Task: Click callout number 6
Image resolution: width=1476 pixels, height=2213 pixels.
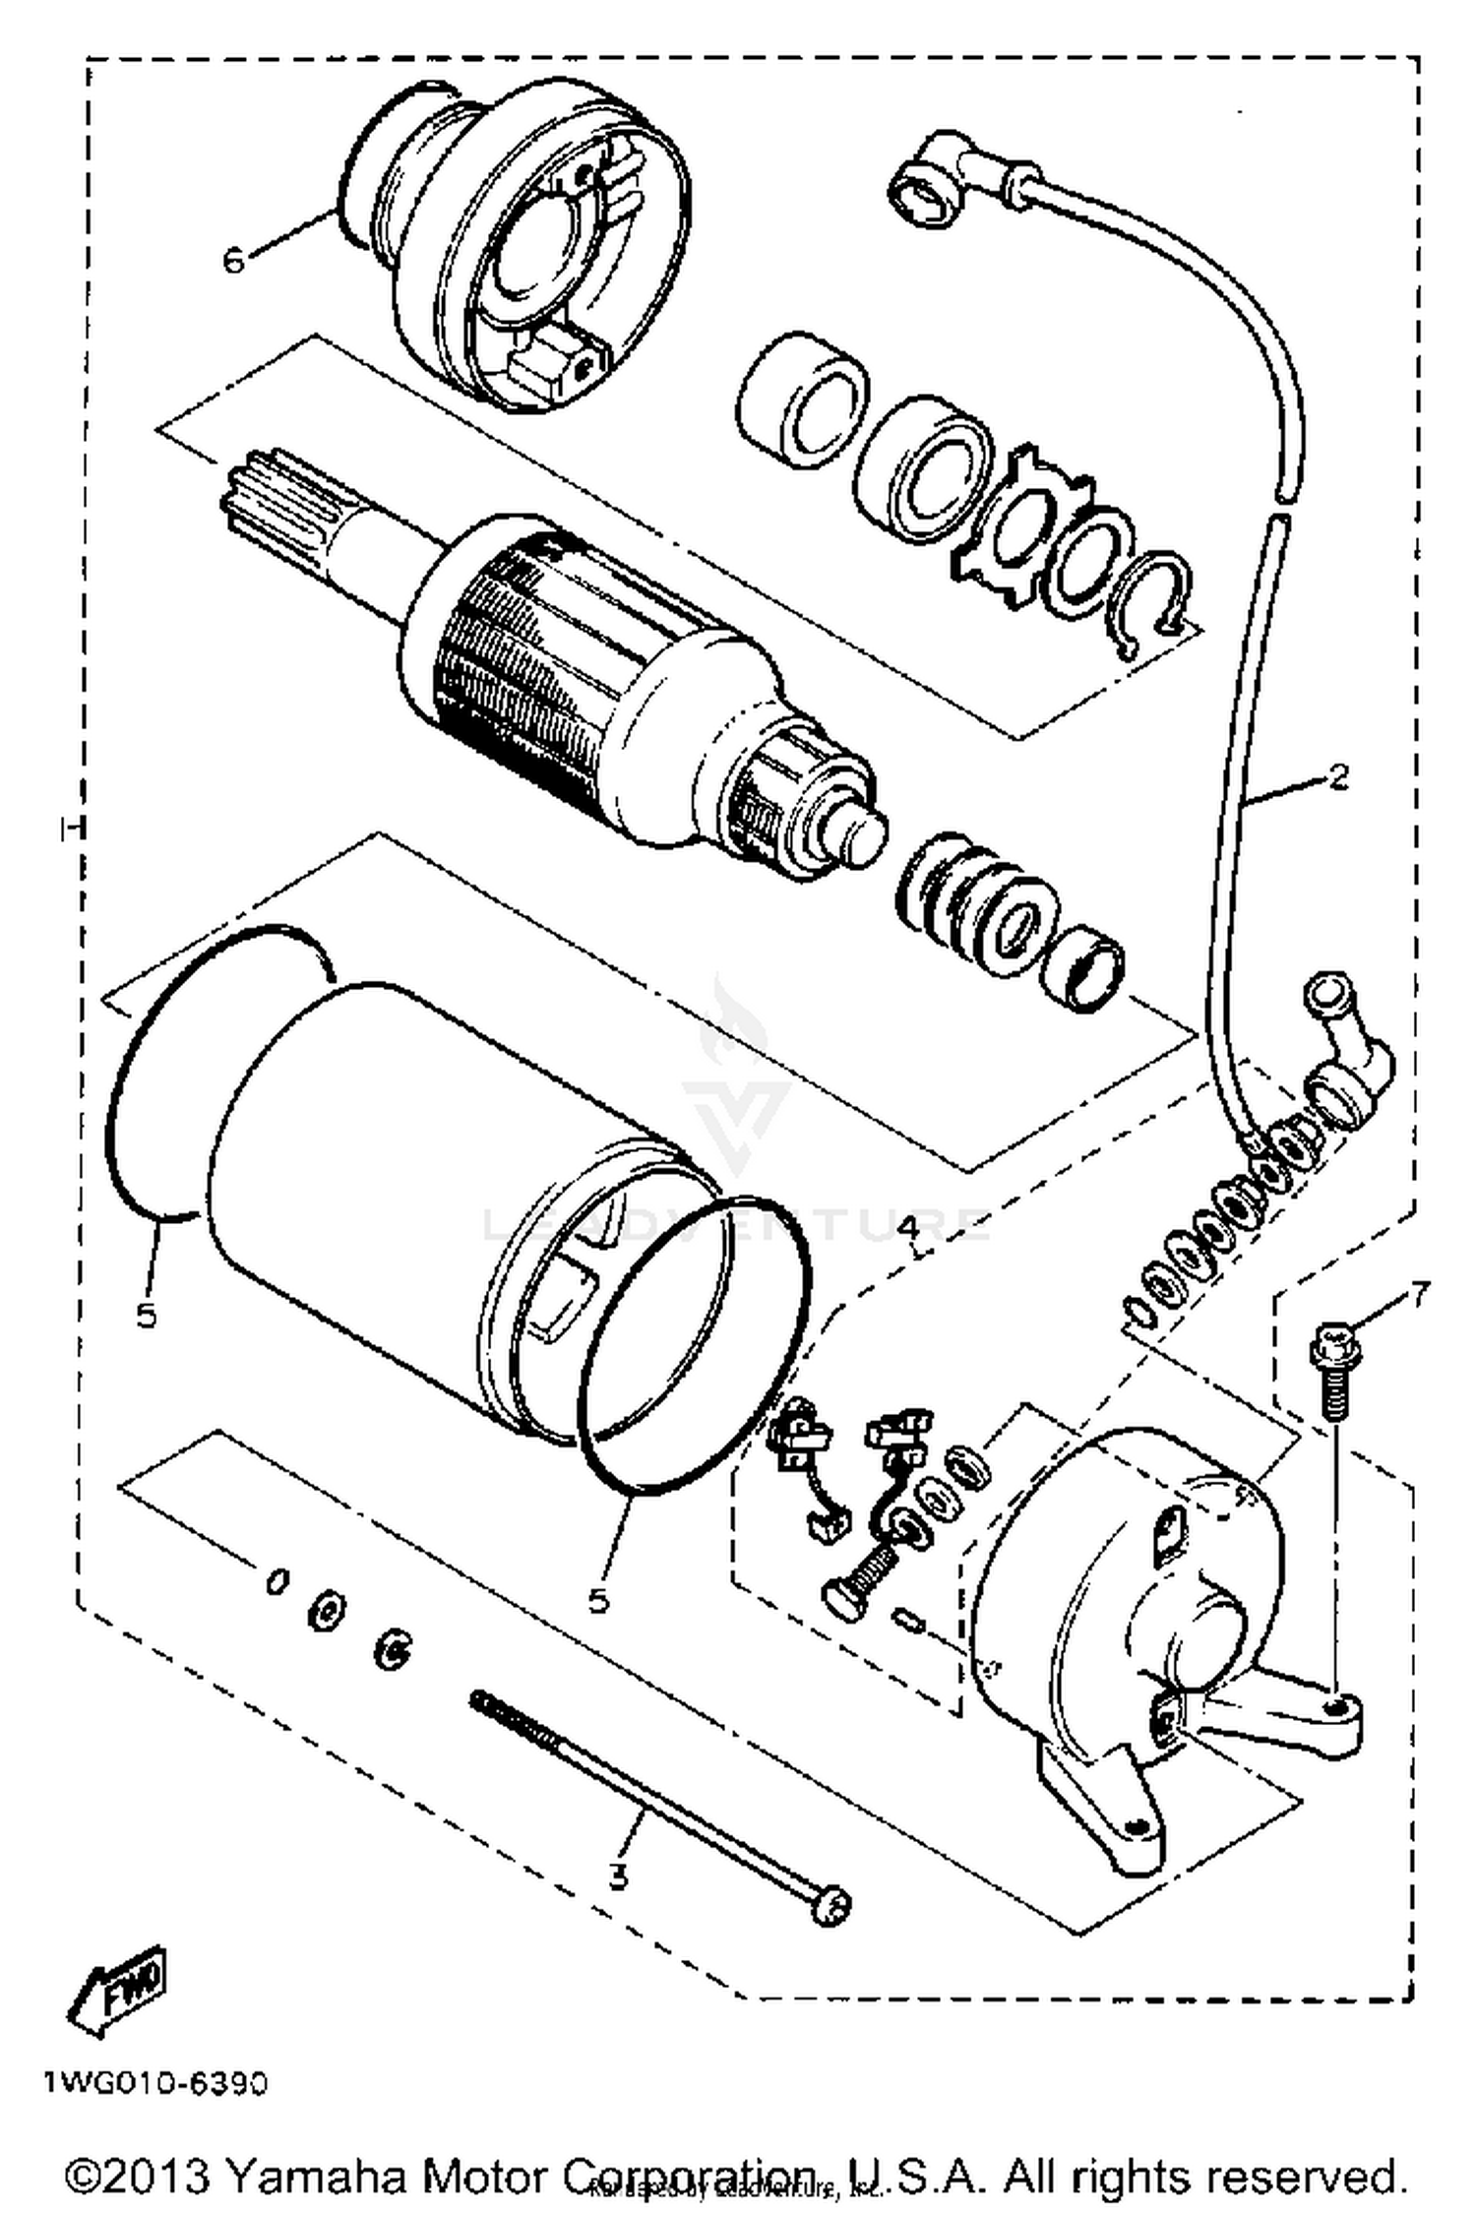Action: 233,262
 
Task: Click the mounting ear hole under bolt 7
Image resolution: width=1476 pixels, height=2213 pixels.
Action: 1335,1702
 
